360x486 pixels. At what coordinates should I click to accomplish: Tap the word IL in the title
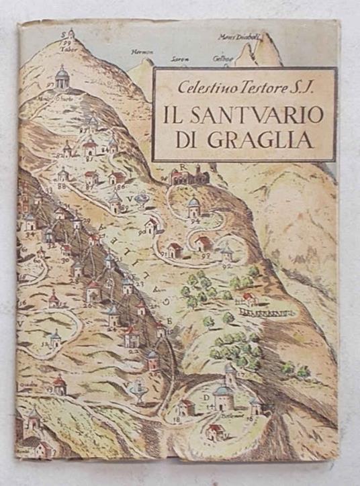[x=173, y=115]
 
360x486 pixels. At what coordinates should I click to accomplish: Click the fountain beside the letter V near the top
[x=141, y=199]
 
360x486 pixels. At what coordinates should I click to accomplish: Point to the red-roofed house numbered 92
[x=204, y=242]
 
